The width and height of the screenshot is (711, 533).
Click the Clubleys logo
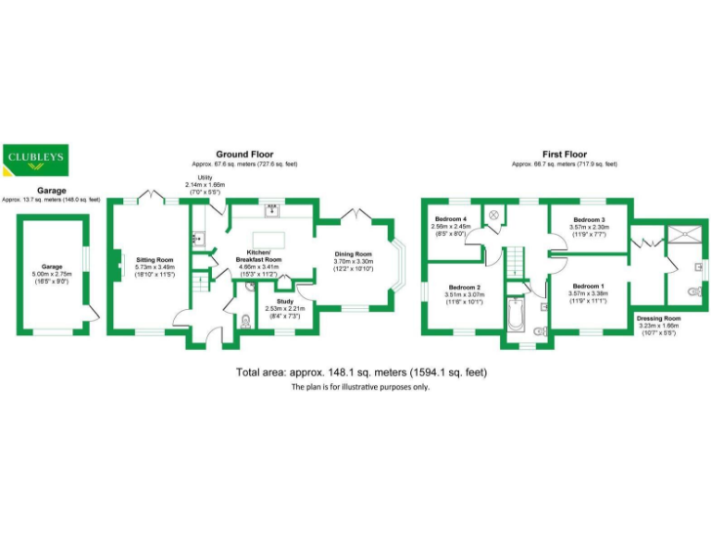35,160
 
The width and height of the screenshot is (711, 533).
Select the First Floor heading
565,155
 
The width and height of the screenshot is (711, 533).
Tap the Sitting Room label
156,260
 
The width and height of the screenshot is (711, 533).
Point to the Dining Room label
353,254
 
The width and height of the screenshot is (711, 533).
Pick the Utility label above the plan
205,177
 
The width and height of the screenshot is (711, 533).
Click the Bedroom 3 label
589,219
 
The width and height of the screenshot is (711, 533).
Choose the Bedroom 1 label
589,287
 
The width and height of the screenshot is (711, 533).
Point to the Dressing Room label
658,318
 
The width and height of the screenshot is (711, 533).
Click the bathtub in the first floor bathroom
516,316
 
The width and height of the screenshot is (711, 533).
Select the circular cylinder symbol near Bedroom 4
494,215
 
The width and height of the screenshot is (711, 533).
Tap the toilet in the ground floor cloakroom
244,322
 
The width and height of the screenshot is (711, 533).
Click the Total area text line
361,372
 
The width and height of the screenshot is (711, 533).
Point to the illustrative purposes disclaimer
361,388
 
